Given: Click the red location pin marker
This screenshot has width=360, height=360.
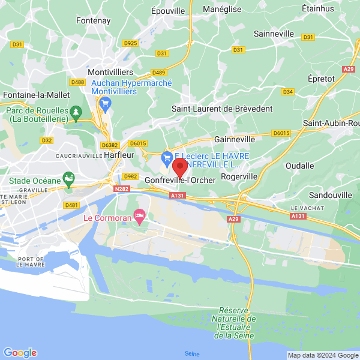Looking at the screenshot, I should [179, 167].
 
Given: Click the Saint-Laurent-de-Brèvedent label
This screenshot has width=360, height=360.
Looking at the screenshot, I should [222, 109].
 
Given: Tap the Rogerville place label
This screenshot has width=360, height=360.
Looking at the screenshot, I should [239, 176].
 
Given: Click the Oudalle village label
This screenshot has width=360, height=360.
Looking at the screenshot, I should [299, 166].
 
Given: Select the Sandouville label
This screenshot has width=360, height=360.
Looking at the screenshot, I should [330, 196].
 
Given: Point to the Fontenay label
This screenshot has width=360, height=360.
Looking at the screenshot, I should [94, 20].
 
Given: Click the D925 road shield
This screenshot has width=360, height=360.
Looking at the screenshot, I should [130, 43].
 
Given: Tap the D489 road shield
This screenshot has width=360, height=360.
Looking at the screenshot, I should [158, 73].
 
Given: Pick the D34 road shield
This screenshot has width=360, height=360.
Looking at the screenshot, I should [288, 92].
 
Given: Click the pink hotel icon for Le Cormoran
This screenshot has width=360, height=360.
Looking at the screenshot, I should [140, 214].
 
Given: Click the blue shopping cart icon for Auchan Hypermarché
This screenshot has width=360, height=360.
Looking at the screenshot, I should [106, 104].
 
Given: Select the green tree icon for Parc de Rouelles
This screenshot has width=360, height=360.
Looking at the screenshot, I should [76, 112].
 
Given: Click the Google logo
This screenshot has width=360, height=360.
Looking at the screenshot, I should [20, 353].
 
